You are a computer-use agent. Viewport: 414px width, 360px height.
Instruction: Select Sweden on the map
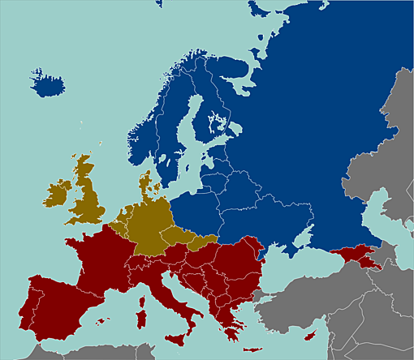point(175,138)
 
